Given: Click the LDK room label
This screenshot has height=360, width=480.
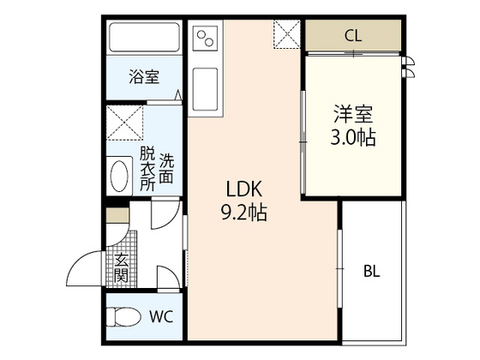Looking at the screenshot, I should [x=243, y=189].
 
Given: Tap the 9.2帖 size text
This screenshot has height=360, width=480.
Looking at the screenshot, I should [x=243, y=212].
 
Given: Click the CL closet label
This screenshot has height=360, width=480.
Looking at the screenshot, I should [x=352, y=35].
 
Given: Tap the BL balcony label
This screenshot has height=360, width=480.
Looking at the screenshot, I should [x=371, y=272].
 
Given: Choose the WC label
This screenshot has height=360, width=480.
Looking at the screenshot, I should [x=162, y=316].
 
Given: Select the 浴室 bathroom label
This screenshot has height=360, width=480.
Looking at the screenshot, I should [x=144, y=77].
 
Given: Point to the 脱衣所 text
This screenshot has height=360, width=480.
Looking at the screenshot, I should [x=147, y=169].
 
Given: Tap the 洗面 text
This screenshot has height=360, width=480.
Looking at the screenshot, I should [x=166, y=169].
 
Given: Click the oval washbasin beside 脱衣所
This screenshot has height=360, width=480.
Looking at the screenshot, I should [x=119, y=176].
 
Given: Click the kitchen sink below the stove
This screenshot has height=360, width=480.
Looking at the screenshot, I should [x=207, y=89].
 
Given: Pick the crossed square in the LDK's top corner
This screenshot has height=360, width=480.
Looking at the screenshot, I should [x=287, y=33].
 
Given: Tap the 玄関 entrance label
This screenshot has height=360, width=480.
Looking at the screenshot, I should [x=121, y=268].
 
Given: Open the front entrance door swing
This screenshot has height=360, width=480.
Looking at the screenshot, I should [x=86, y=270].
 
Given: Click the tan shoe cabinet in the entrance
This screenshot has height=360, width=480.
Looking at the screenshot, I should [x=115, y=213].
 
